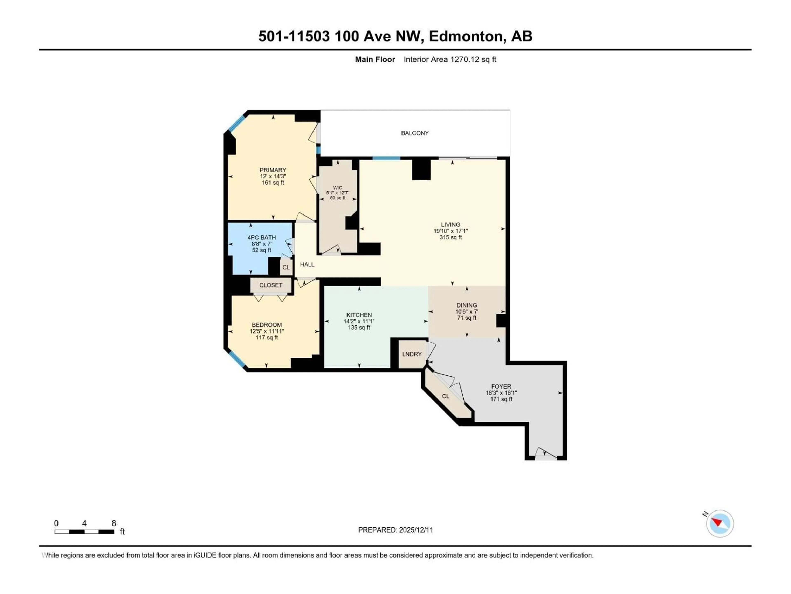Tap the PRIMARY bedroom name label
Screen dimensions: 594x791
pyautogui.click(x=273, y=170)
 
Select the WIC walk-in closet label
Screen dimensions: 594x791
pyautogui.click(x=338, y=188)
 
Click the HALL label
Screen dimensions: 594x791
pyautogui.click(x=307, y=265)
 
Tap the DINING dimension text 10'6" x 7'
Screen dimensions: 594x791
pyautogui.click(x=467, y=311)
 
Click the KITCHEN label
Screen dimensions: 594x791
pyautogui.click(x=359, y=315)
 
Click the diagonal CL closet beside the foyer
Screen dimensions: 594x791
pyautogui.click(x=446, y=396)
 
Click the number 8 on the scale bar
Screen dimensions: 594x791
pyautogui.click(x=114, y=523)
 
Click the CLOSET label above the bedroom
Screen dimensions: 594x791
pyautogui.click(x=271, y=285)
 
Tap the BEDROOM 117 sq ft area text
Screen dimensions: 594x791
pyautogui.click(x=267, y=338)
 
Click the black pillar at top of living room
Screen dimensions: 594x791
pyautogui.click(x=421, y=169)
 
